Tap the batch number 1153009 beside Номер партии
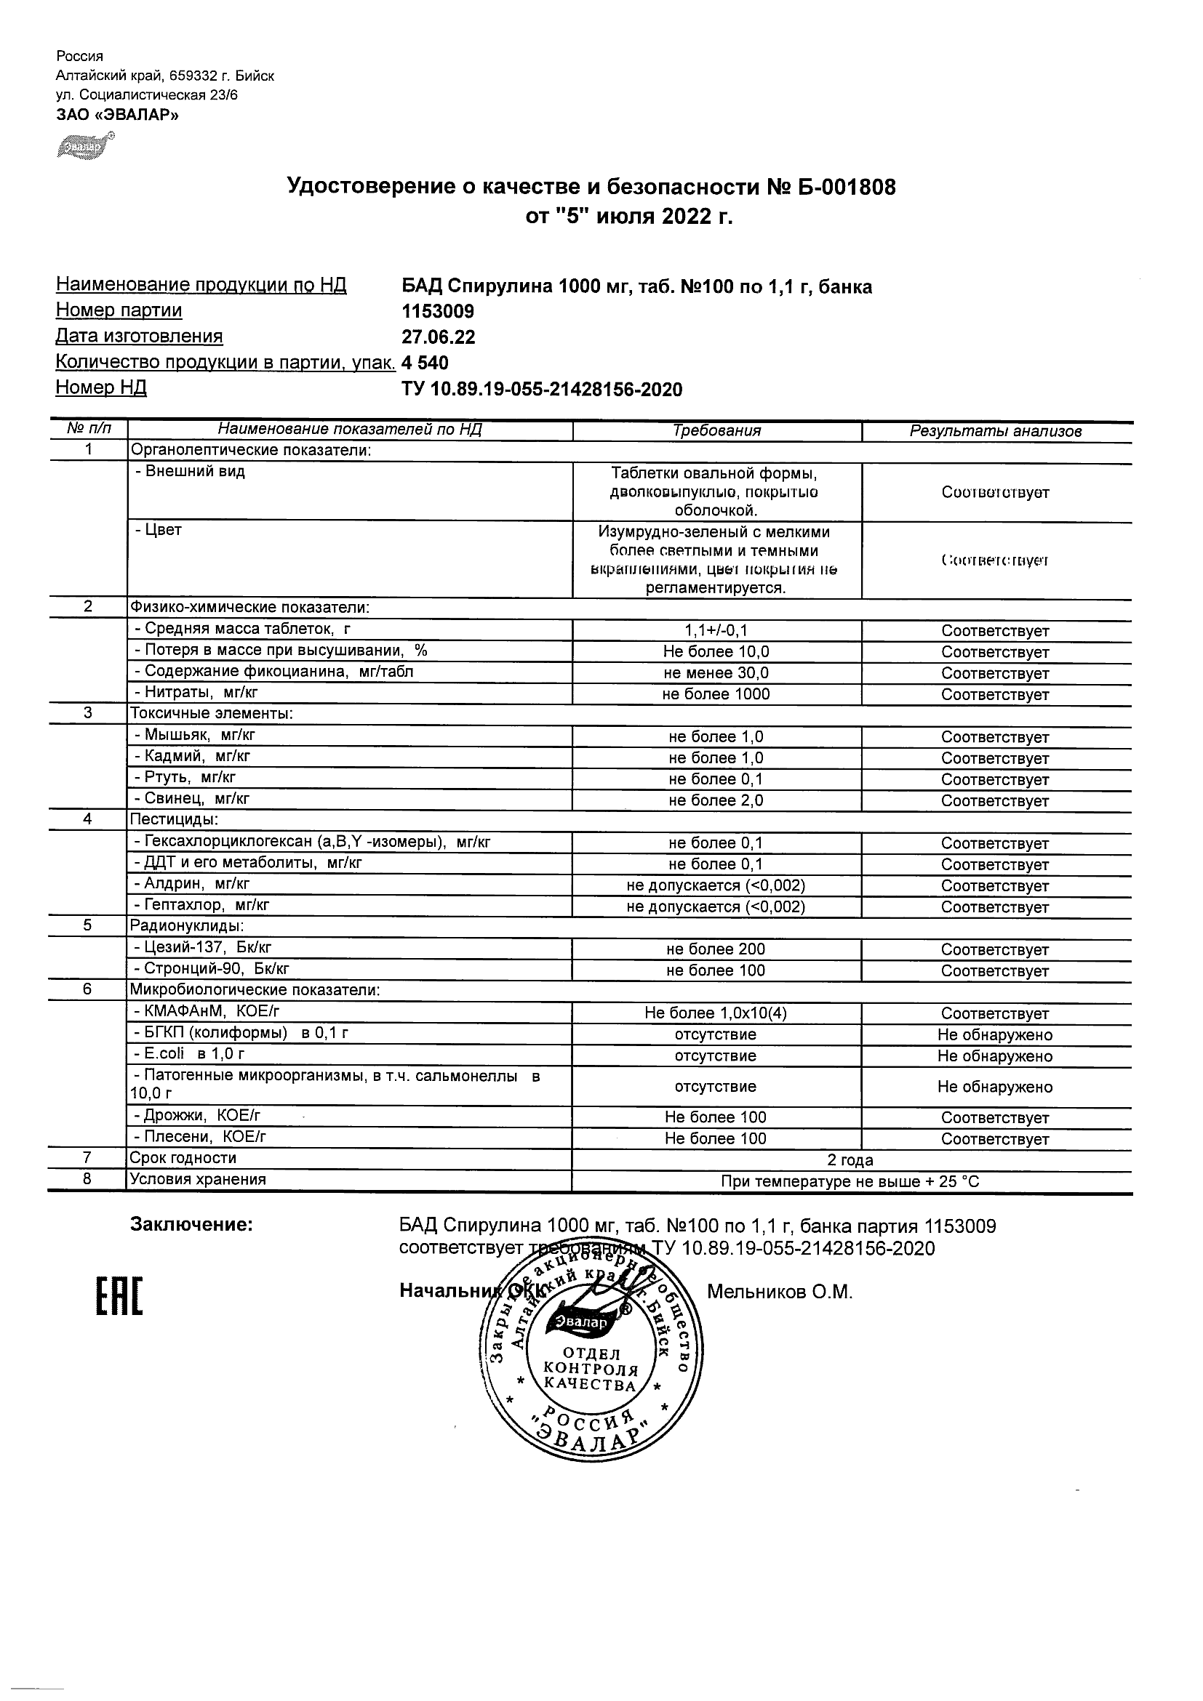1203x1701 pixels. pyautogui.click(x=438, y=311)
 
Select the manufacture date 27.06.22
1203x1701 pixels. pyautogui.click(x=438, y=337)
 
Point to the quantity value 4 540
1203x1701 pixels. pyautogui.click(x=425, y=362)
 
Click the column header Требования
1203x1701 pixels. pyautogui.click(x=716, y=431)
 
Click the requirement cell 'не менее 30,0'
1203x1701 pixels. pyautogui.click(x=716, y=672)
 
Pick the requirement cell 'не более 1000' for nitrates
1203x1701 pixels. pyautogui.click(x=716, y=694)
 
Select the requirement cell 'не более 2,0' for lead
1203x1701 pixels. pyautogui.click(x=716, y=800)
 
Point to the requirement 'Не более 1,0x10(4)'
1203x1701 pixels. pyautogui.click(x=716, y=1013)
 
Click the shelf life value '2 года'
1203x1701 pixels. pyautogui.click(x=850, y=1160)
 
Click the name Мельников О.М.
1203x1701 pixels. pyautogui.click(x=780, y=1292)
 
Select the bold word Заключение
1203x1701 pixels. pyautogui.click(x=191, y=1226)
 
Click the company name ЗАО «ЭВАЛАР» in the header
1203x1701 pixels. pyautogui.click(x=117, y=115)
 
